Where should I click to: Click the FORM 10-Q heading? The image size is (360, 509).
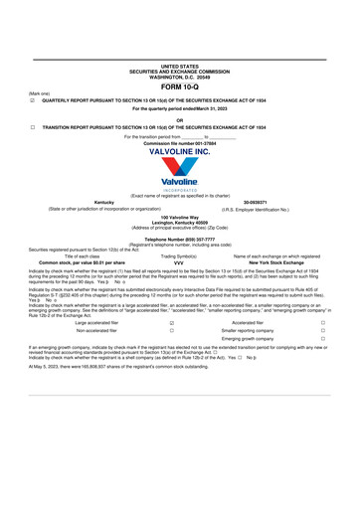click(x=179, y=86)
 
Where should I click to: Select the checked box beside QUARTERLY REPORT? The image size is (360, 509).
click(x=33, y=100)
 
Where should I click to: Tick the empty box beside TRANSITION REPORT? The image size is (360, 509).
click(x=33, y=127)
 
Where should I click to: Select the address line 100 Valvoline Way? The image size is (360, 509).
click(x=179, y=217)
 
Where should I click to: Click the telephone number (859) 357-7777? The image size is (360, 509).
click(x=179, y=239)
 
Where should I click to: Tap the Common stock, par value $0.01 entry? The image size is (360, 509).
click(x=89, y=261)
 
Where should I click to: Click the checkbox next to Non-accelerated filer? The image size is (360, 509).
click(x=172, y=331)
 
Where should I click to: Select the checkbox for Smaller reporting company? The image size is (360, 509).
click(x=323, y=331)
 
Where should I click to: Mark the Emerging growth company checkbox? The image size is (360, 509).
click(x=323, y=339)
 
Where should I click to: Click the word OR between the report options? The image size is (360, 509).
click(x=179, y=119)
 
